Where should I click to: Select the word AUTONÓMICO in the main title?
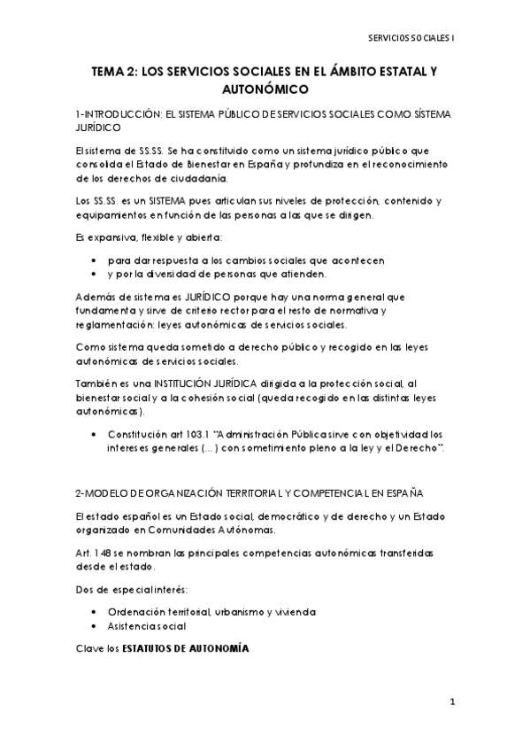265,89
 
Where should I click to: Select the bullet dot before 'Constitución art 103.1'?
95,435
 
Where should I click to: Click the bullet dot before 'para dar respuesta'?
95,260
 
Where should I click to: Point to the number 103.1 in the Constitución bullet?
195,435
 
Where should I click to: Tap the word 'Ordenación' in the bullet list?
131,612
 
